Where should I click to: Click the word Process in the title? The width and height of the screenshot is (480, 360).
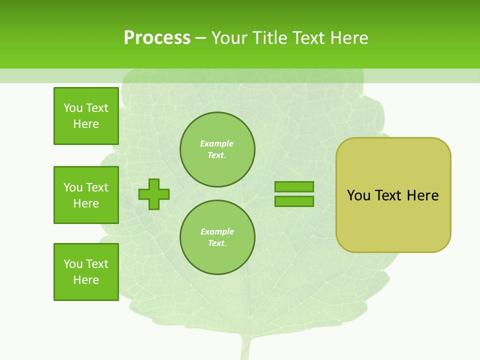(157, 38)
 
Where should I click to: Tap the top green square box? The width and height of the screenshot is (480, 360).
(86, 116)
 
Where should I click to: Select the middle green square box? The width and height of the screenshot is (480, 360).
(86, 195)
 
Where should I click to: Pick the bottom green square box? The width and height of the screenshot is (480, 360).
(86, 272)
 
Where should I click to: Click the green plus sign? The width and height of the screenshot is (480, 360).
(154, 194)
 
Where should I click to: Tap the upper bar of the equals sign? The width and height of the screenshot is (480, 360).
(294, 186)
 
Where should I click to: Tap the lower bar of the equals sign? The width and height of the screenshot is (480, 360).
(294, 201)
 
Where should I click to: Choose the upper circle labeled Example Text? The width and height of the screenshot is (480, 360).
(217, 149)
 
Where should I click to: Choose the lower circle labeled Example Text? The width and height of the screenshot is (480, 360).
(217, 237)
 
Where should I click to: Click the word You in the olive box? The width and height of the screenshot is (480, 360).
(358, 195)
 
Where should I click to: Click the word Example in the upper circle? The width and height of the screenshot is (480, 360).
(217, 143)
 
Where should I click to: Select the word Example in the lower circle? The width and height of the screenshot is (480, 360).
(217, 231)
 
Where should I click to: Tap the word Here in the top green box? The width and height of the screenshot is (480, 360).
(86, 124)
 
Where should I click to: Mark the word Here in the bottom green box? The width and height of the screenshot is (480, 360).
(86, 280)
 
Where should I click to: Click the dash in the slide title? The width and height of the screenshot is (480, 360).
(200, 38)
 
